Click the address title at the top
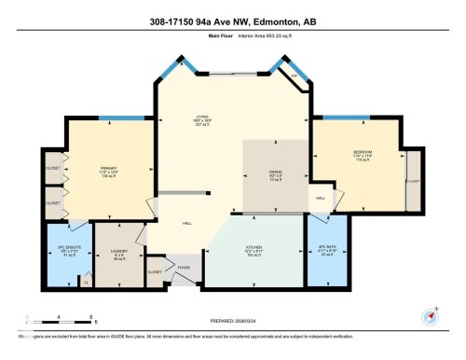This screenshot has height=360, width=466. point(232,22)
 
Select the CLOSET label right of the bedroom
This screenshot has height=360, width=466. point(412,181)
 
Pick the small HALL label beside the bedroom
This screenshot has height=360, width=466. point(320,199)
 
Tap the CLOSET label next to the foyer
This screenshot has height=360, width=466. point(155,271)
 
